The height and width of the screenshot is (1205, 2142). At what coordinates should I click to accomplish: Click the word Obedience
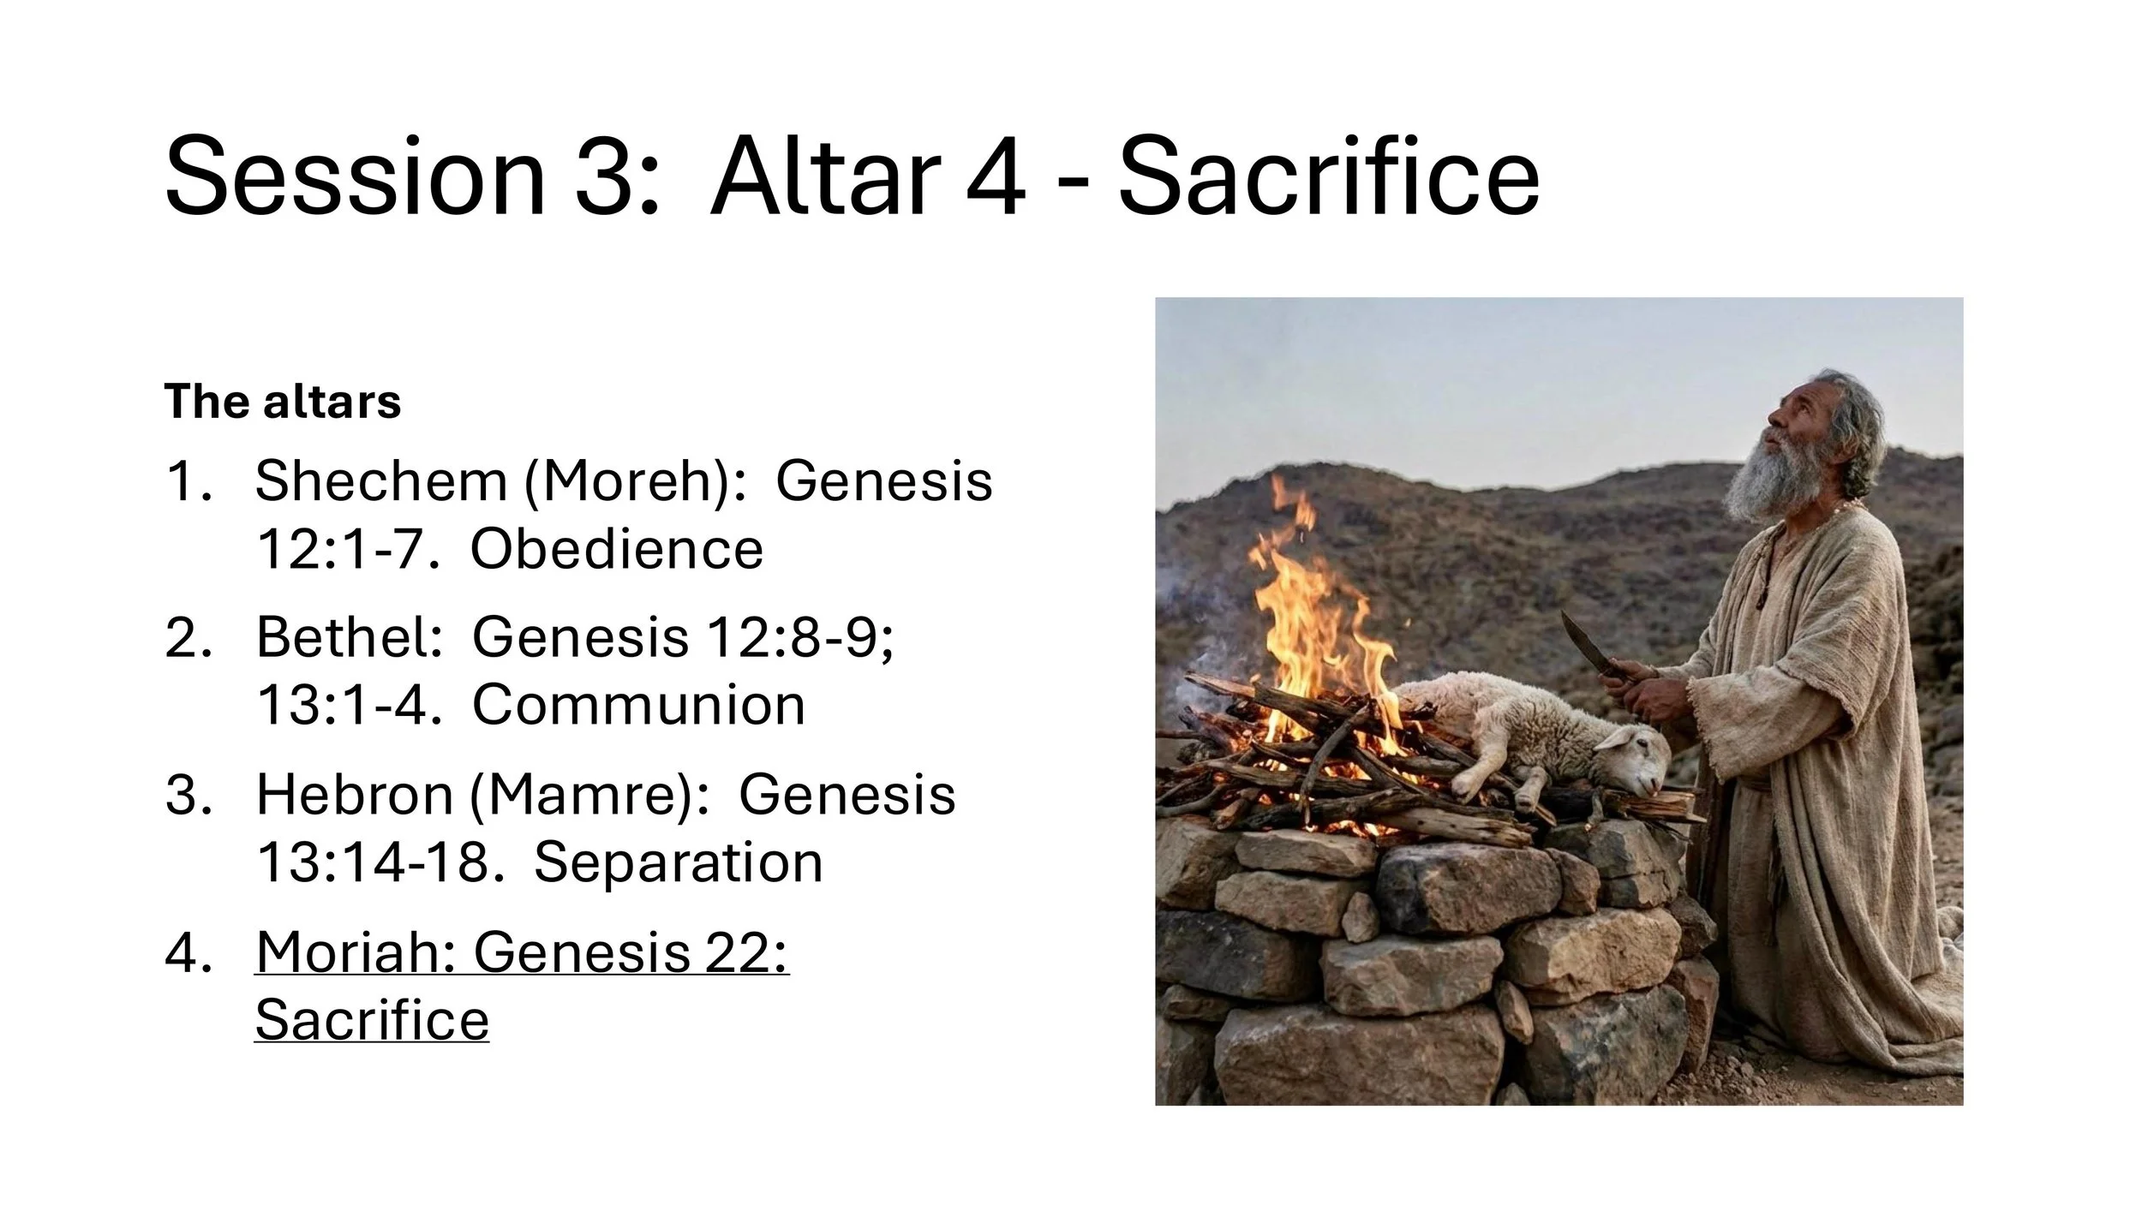616,549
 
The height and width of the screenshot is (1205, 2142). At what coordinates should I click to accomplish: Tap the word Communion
638,706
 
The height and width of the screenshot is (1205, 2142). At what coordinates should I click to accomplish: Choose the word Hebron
353,795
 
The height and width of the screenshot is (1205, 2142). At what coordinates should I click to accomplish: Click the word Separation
678,862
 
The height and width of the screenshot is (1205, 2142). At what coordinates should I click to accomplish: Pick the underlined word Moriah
355,951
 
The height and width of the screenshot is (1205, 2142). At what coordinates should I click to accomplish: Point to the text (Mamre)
589,795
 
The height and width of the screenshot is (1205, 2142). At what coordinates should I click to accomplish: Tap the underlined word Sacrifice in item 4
372,1020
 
